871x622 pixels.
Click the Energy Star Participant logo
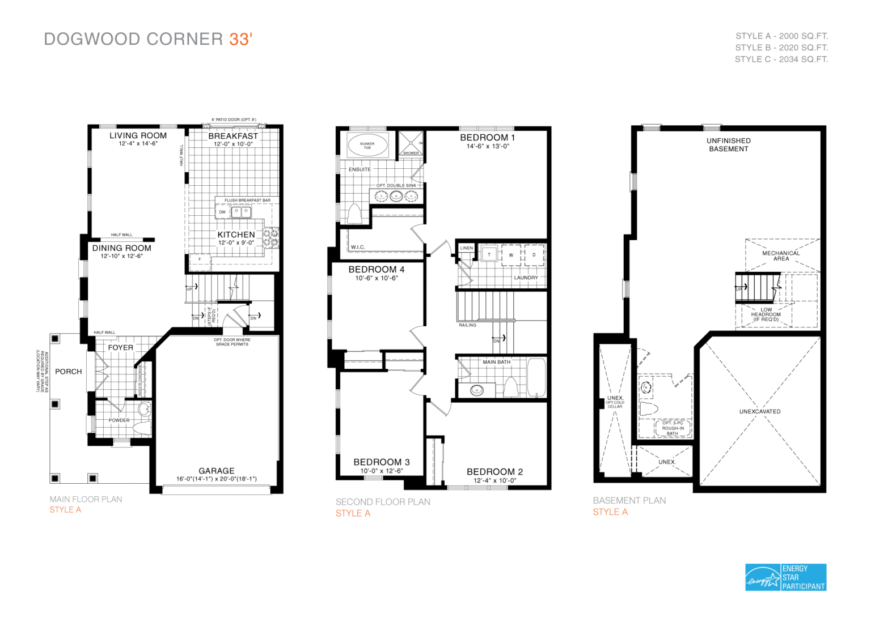click(x=785, y=577)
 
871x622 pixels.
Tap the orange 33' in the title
click(x=240, y=39)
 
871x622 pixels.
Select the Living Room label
click(x=138, y=136)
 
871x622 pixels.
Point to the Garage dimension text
click(x=216, y=479)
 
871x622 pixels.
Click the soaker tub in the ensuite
click(x=367, y=145)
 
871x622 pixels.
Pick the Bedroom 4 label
click(x=377, y=270)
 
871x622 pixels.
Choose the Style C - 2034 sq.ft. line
click(x=781, y=59)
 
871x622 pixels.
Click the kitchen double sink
click(x=242, y=212)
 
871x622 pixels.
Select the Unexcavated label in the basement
click(x=760, y=412)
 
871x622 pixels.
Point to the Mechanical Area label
click(x=781, y=256)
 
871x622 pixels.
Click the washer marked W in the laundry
click(x=511, y=255)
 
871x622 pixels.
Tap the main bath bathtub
click(x=536, y=377)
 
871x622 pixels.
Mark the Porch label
click(x=69, y=372)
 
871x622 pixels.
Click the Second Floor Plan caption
click(x=383, y=502)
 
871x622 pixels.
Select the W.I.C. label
click(x=358, y=247)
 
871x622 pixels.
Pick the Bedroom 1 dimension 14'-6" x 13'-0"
click(x=488, y=146)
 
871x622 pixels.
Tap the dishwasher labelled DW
click(x=222, y=212)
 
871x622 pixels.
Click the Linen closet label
click(x=467, y=248)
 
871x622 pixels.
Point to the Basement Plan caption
click(x=629, y=501)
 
